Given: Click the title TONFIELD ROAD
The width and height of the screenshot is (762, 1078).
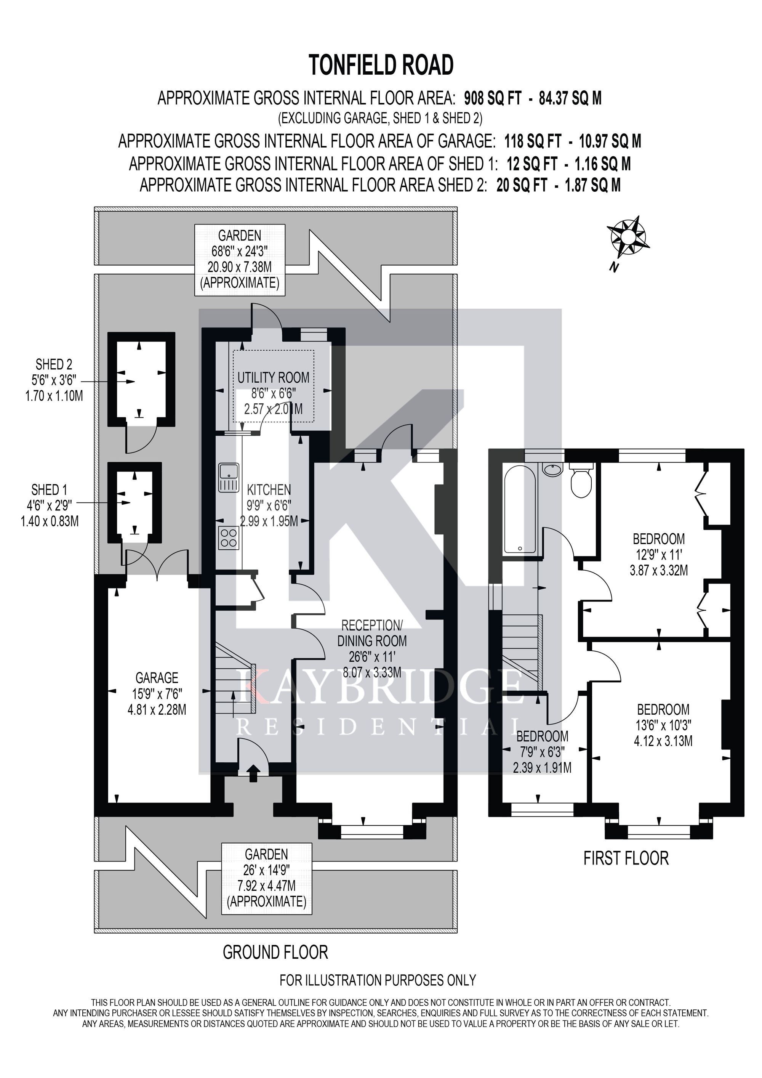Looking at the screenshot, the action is pyautogui.click(x=381, y=65).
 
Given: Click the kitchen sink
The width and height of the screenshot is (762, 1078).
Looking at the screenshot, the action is pyautogui.click(x=229, y=478).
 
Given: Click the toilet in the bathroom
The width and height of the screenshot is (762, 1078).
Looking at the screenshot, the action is pyautogui.click(x=582, y=480).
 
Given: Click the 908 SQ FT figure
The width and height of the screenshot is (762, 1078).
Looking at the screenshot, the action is pyautogui.click(x=493, y=98).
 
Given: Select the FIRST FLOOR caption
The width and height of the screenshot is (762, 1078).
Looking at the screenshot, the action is pyautogui.click(x=626, y=858).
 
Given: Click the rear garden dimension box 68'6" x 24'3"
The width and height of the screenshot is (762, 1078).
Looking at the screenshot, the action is pyautogui.click(x=240, y=260).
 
